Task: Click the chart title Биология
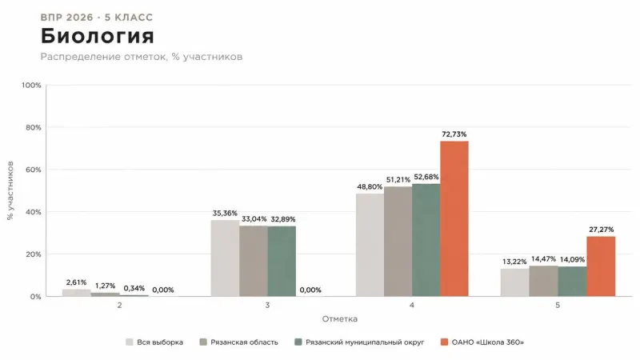pos(97,36)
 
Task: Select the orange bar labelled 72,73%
pos(454,218)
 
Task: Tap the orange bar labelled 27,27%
pos(601,266)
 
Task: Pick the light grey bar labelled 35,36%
pos(226,258)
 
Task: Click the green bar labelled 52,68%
pos(426,240)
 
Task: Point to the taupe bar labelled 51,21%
pos(398,242)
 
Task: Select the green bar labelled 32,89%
pos(282,262)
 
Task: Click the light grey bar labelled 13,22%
pos(515,282)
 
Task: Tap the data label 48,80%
pos(370,187)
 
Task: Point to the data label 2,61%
pos(76,282)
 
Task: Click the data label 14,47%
pos(543,259)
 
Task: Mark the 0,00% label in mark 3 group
pos(310,290)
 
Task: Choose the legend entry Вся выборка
pos(154,342)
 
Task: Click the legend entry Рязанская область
pos(238,342)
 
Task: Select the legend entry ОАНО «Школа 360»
pos(482,342)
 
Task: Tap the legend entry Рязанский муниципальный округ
pos(359,342)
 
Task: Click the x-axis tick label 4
pos(412,306)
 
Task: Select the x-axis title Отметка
pos(339,319)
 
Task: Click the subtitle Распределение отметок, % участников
pos(142,57)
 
